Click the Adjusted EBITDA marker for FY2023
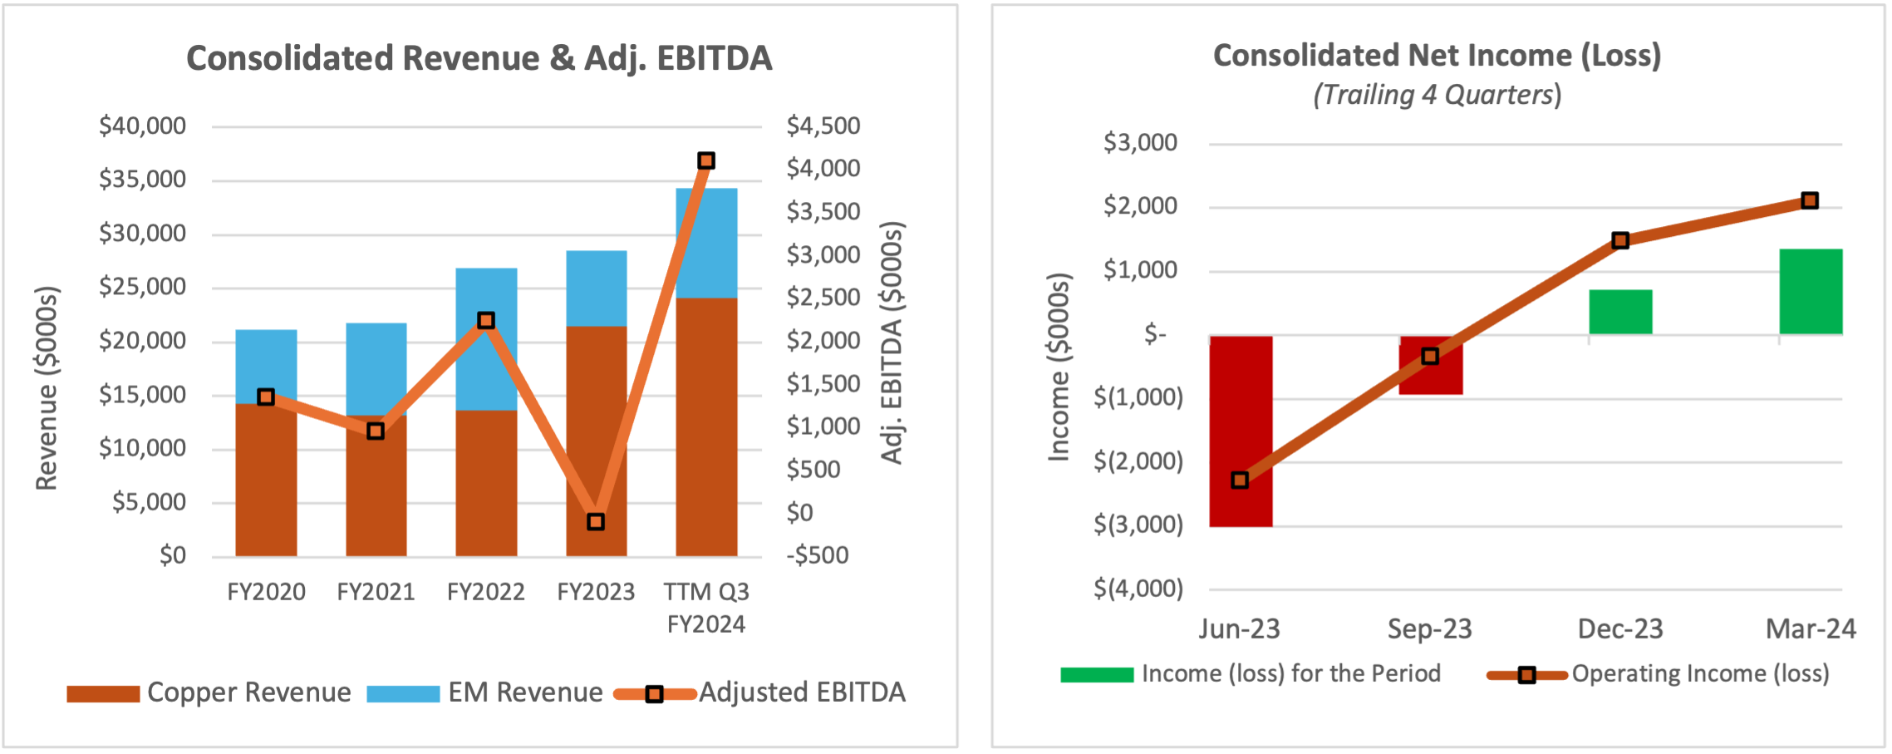coord(596,522)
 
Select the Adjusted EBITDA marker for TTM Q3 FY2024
coord(706,160)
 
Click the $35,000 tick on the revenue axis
coord(142,180)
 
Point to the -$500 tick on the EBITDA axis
coord(818,555)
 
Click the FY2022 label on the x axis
coord(486,592)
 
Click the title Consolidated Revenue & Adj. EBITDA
coord(479,58)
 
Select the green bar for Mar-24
coord(1811,291)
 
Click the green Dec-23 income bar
coord(1620,312)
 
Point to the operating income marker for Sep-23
coord(1430,357)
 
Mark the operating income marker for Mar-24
coord(1810,200)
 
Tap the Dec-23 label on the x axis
coord(1620,629)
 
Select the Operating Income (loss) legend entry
coord(1699,674)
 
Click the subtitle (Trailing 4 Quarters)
coord(1437,95)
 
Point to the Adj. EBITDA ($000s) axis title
coord(892,343)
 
